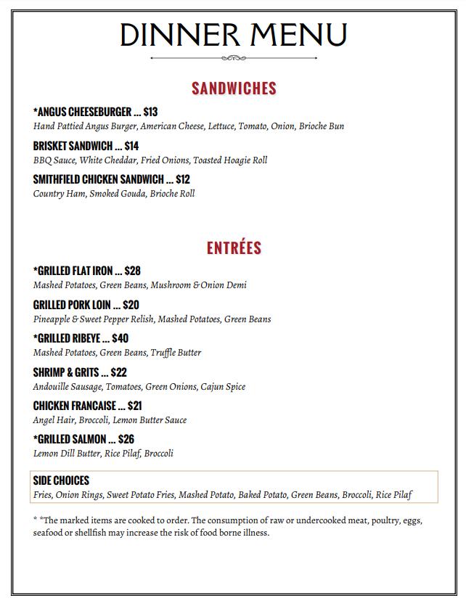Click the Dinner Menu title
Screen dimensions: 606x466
(x=233, y=34)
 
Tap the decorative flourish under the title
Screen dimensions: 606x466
(x=233, y=58)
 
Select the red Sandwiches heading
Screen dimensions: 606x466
(x=234, y=89)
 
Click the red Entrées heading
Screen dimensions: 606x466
(x=234, y=247)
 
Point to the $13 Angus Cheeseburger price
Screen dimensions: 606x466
(x=150, y=112)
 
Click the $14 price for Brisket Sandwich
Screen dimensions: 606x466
(x=131, y=146)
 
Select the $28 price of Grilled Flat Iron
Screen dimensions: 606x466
(x=132, y=271)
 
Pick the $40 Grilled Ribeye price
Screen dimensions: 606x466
(x=120, y=338)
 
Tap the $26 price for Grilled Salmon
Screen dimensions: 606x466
(x=126, y=439)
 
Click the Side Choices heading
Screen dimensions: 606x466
(x=61, y=480)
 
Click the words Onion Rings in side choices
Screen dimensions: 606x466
(x=78, y=496)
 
